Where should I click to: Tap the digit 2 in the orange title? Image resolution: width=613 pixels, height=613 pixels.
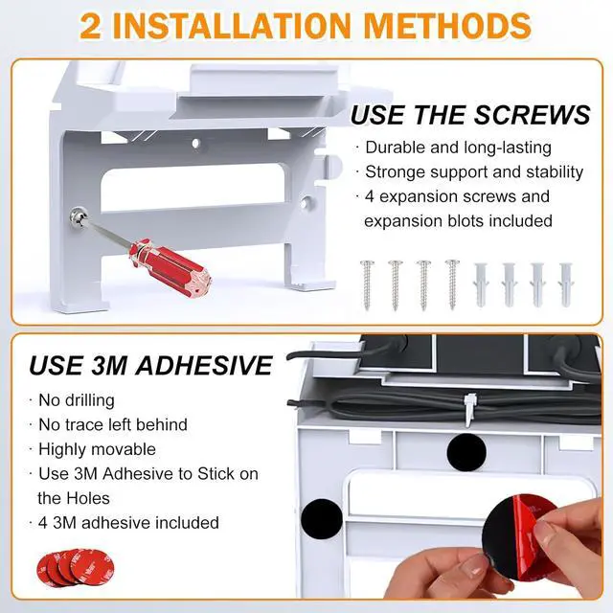tap(90, 27)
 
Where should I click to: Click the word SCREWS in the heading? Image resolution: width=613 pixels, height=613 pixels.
tap(533, 115)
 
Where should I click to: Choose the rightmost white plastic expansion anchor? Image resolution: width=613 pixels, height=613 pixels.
tap(565, 284)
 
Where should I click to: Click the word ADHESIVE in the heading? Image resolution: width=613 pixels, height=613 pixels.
tap(204, 366)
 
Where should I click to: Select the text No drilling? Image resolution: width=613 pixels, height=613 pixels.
tap(77, 400)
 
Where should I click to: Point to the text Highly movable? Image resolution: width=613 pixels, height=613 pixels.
tap(97, 449)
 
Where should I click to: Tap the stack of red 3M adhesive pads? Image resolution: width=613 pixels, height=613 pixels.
tap(75, 567)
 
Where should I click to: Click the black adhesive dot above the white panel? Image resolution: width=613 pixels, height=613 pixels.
tap(466, 452)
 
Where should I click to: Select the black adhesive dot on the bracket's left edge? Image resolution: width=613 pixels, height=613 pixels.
tap(322, 519)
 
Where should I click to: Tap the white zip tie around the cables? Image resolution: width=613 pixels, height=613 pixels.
tap(469, 409)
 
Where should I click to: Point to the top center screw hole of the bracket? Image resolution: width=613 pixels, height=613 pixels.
tap(195, 144)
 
